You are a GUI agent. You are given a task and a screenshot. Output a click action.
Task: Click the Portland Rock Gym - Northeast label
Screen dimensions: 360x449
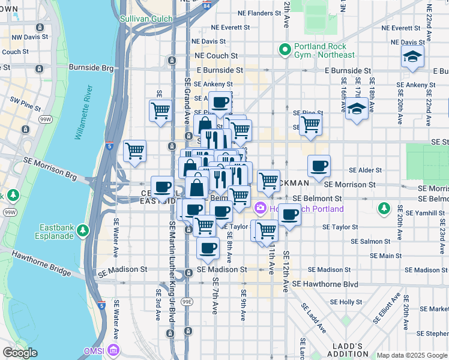tap(324, 51)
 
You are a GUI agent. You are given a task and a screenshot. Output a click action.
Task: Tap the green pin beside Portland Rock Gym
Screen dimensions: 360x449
tap(285, 50)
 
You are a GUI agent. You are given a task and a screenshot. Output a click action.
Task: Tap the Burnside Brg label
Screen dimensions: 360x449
tap(91, 68)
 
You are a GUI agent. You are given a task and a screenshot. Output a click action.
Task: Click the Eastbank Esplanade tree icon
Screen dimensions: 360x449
tap(82, 230)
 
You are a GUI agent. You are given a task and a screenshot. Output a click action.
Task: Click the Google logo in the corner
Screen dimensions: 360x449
tap(20, 353)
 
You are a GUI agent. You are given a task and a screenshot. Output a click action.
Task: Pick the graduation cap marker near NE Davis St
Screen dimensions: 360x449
tap(413, 57)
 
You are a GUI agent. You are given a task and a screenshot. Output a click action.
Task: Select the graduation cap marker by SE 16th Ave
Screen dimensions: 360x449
tap(357, 109)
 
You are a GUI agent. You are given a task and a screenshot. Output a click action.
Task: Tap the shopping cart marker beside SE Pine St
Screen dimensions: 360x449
tap(310, 124)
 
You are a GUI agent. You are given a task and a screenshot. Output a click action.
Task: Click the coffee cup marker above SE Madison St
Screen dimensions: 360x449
tap(208, 248)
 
